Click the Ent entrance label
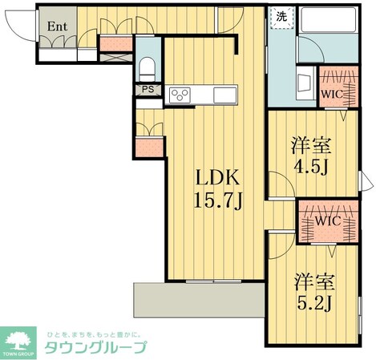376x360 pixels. coord(56,26)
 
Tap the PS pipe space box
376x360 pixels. coord(148,90)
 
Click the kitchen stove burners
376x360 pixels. coord(180,96)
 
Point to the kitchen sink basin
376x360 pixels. coord(225,96)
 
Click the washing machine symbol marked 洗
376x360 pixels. coord(281,16)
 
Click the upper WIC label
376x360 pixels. coord(332,95)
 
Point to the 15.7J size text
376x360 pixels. coord(217,201)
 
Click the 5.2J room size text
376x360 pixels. coord(313,305)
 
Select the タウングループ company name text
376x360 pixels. coord(95,347)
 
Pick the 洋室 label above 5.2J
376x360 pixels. coord(313,282)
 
